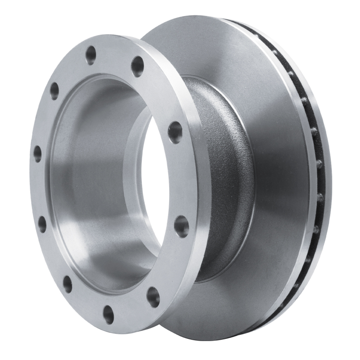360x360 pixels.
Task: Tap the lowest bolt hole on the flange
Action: point(108,314)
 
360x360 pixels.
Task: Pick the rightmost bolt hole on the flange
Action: point(181,226)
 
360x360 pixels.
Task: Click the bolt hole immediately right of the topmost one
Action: point(137,66)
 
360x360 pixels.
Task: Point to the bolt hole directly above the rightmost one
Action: point(175,132)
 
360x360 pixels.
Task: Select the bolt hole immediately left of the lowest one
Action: point(67,284)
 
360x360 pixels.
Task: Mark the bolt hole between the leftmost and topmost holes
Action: point(54,91)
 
